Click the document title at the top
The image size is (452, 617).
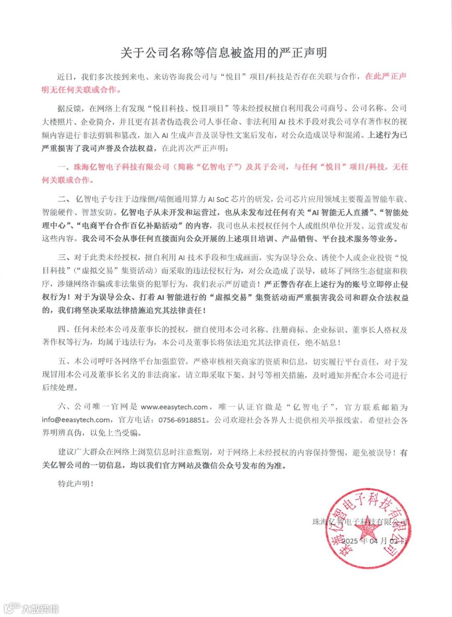point(223,53)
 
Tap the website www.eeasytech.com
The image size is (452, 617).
point(174,407)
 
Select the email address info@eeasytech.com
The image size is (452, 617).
point(76,420)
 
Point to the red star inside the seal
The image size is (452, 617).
point(368,528)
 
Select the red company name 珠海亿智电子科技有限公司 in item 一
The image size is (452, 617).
point(121,167)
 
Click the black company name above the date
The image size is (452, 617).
point(360,522)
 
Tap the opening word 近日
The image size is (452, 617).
point(65,77)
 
